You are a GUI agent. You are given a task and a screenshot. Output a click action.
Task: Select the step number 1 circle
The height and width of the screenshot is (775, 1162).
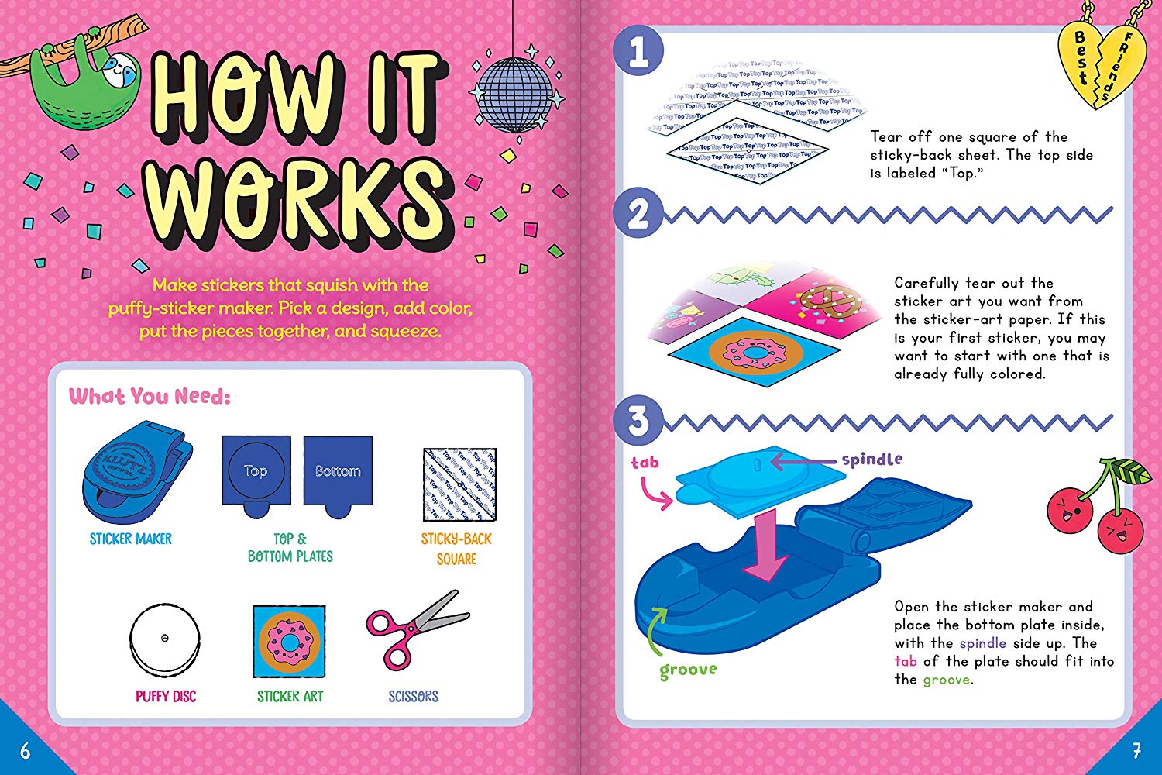[638, 53]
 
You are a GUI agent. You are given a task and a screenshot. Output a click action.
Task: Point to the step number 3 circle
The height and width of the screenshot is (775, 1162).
[638, 421]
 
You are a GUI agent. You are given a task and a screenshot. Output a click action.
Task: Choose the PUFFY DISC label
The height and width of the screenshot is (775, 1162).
[166, 696]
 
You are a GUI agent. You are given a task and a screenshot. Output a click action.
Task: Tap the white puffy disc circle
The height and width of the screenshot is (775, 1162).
[165, 639]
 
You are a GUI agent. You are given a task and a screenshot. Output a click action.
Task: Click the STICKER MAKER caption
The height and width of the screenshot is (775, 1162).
[131, 539]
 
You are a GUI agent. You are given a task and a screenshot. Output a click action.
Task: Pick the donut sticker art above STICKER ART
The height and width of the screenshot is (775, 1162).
[289, 642]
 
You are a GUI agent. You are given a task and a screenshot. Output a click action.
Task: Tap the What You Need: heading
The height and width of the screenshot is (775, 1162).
[150, 397]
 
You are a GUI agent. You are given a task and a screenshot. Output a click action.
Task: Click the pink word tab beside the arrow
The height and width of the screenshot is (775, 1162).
[645, 463]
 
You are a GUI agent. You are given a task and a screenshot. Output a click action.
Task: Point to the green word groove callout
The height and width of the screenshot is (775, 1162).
[688, 670]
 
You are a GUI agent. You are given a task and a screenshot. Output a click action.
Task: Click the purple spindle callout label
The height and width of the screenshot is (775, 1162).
[871, 460]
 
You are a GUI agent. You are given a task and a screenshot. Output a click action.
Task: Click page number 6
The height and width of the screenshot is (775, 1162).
[25, 750]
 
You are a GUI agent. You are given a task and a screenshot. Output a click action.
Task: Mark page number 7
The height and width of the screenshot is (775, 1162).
[1136, 750]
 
